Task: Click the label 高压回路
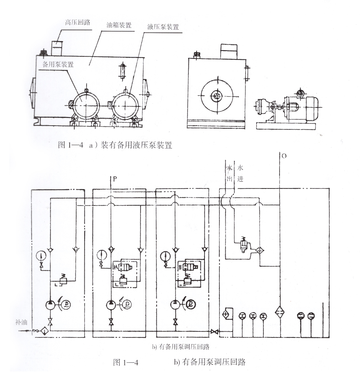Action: coord(78,22)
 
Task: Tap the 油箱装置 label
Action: coord(119,26)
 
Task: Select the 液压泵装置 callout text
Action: coord(163,27)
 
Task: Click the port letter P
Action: coord(114,178)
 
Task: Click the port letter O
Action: coord(284,156)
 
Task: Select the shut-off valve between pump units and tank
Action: coord(213,330)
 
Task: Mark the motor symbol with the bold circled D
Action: coord(191,304)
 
